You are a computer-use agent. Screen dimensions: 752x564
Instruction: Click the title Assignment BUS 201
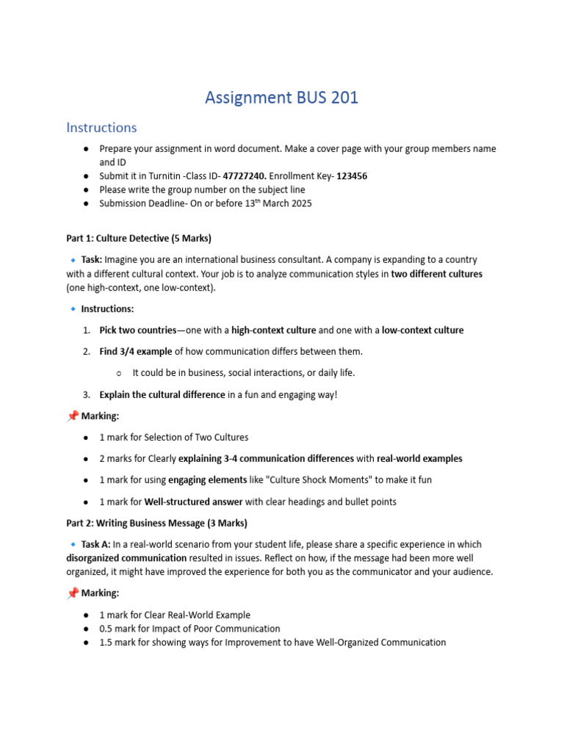pos(281,97)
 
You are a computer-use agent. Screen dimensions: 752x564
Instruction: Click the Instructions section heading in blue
pos(101,128)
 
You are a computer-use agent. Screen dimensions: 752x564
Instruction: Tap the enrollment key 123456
pos(352,176)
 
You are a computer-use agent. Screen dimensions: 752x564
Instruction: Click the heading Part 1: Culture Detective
pos(139,239)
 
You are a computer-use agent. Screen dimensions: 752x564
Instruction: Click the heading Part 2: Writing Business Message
pos(156,523)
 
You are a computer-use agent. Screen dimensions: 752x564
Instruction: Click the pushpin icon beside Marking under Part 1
pos(73,416)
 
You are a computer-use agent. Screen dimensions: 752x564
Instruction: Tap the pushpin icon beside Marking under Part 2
pos(73,593)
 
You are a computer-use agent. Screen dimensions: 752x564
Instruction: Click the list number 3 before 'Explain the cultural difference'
pos(86,394)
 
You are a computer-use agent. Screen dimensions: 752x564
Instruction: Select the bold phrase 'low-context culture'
pos(422,330)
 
